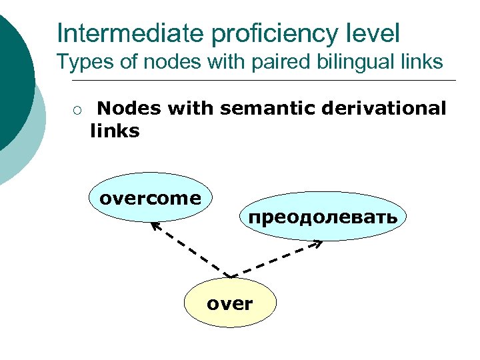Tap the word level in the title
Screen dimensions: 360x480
[x=373, y=33]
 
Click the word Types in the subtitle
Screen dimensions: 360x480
[x=79, y=63]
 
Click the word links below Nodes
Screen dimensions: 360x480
[x=114, y=131]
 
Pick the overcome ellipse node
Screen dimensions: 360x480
[x=149, y=198]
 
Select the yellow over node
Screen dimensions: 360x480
[x=229, y=305]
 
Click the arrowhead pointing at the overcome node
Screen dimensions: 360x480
[x=154, y=226]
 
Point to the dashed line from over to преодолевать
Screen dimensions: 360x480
[x=273, y=261]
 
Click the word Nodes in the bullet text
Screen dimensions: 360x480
[x=131, y=109]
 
